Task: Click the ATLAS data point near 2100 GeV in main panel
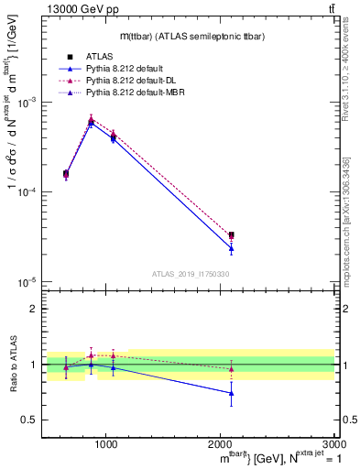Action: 231,235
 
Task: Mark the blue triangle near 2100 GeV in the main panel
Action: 231,248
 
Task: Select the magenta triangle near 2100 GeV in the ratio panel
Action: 231,369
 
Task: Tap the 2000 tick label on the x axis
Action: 220,443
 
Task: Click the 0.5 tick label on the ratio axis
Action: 29,420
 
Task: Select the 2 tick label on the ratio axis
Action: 33,309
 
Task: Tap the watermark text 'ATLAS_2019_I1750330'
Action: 190,273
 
